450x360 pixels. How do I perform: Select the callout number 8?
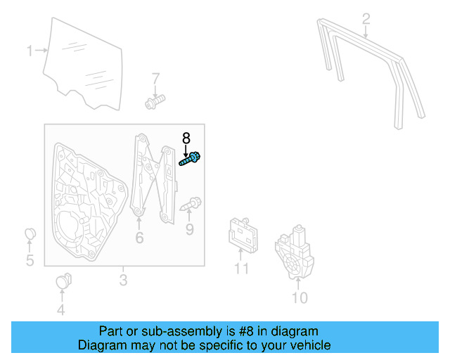point(186,138)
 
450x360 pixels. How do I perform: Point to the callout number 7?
point(156,78)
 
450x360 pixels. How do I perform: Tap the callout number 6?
point(139,238)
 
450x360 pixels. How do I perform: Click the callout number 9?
point(189,229)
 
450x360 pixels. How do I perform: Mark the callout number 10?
point(299,298)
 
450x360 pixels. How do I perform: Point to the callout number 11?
point(241,269)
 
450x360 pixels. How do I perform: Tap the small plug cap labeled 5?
point(30,234)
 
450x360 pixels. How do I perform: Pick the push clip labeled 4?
point(61,283)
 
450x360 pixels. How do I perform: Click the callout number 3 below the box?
point(123,281)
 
